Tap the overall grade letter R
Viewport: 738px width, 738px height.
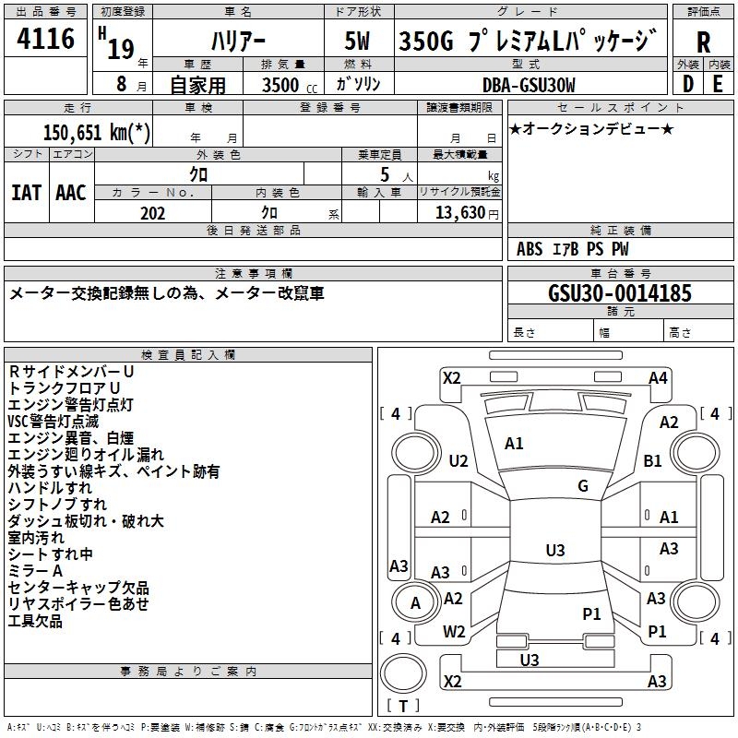[703, 42]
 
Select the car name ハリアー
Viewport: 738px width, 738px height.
[237, 42]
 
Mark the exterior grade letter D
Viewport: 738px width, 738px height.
[687, 85]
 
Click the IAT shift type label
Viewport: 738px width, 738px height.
[27, 192]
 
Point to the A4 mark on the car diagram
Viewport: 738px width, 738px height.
[658, 377]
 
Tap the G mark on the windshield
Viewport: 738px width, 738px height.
[583, 486]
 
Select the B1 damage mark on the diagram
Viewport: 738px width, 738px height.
[653, 460]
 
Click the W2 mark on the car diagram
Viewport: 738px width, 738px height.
[454, 632]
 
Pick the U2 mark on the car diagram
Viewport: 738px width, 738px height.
[458, 460]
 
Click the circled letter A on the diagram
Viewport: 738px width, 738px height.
[415, 603]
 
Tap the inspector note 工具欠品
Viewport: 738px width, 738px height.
[35, 621]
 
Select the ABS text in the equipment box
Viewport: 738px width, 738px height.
[530, 249]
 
